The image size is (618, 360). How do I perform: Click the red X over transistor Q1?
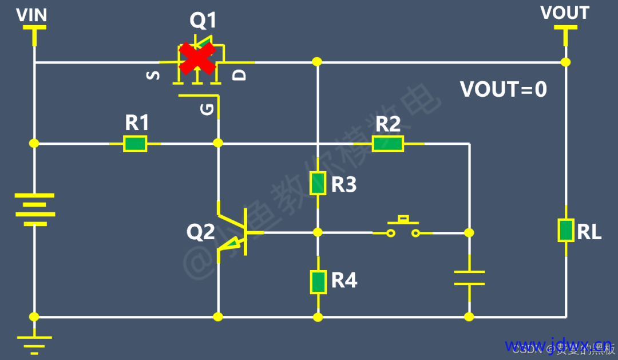[197, 59]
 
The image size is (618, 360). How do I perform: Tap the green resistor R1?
[136, 144]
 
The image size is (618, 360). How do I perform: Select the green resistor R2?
[388, 144]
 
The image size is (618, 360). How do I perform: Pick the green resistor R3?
[318, 183]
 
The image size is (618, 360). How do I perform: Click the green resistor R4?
[318, 281]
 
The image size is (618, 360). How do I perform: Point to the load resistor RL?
[565, 230]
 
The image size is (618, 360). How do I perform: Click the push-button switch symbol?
[403, 227]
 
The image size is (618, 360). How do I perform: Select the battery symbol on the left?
[35, 209]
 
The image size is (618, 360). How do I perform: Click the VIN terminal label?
[31, 15]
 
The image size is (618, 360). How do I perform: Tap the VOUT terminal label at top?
[564, 13]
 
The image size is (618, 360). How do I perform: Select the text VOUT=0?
[504, 90]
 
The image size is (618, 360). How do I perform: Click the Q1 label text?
[203, 21]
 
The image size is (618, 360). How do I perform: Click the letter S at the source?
[153, 75]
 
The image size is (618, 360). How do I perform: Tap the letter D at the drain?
[241, 74]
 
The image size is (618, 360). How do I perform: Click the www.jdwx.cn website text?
[557, 345]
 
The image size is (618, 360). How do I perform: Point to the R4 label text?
[344, 280]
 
